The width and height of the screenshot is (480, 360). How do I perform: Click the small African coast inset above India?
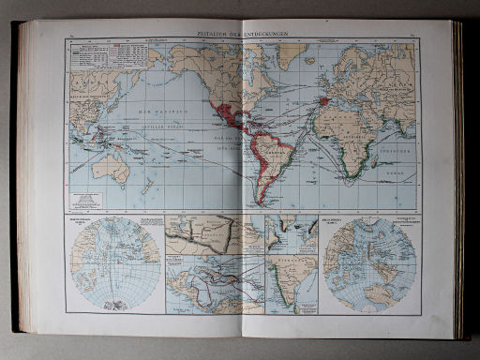point(292,234)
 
